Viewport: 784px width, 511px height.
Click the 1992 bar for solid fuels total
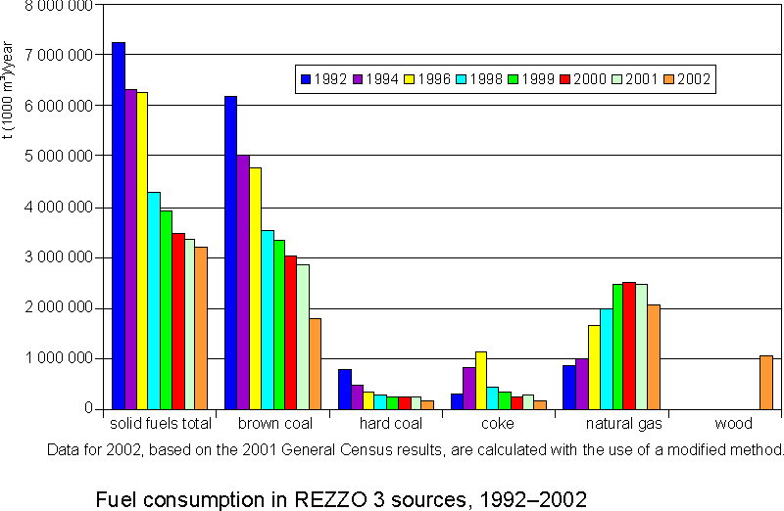119,225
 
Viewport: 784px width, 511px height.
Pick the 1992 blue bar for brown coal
230,252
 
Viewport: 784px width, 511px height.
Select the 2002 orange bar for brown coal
315,363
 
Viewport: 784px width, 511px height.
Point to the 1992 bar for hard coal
344,389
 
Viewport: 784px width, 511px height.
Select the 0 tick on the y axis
87,409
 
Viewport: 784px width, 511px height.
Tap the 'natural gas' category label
624,424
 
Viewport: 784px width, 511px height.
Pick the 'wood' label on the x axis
733,424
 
